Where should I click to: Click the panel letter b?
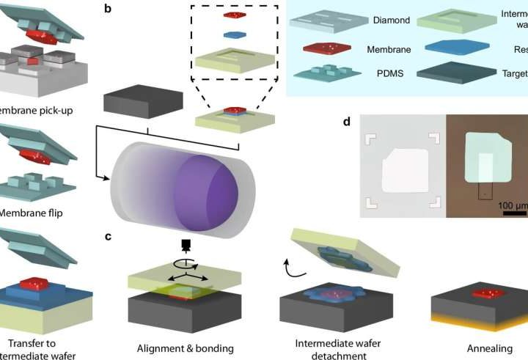coord(108,10)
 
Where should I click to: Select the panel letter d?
coord(346,119)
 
